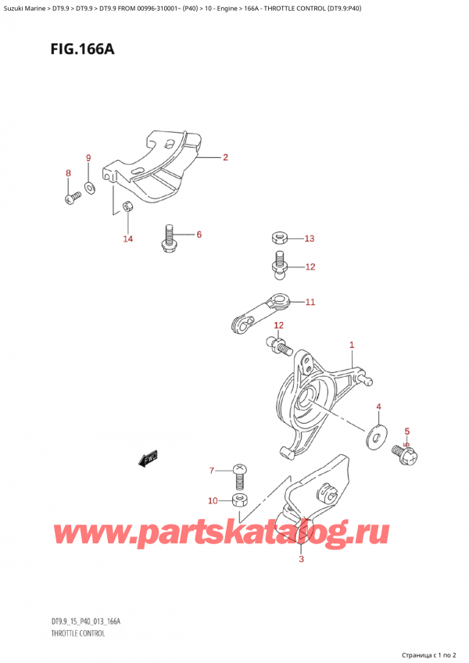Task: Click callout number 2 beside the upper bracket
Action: tap(225, 158)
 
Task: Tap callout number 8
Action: tap(68, 174)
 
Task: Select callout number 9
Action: tap(88, 158)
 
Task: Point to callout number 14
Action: tap(128, 238)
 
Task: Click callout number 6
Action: tap(199, 235)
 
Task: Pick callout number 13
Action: tap(309, 238)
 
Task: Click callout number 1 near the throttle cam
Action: tap(352, 345)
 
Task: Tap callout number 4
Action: tap(378, 407)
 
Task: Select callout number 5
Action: tap(406, 431)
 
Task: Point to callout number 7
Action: tap(211, 471)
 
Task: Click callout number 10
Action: tap(213, 500)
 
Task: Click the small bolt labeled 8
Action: tap(73, 198)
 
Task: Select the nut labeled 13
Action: tap(278, 238)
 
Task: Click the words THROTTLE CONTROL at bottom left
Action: tap(72, 633)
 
